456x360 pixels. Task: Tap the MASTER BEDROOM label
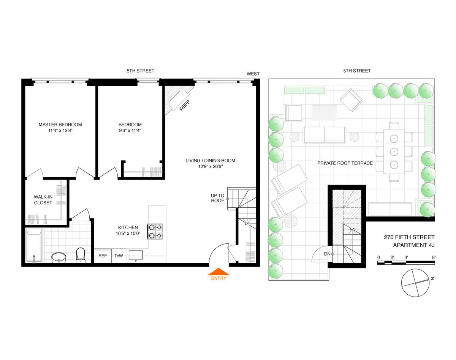pyautogui.click(x=60, y=125)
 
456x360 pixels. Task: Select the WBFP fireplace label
pyautogui.click(x=184, y=107)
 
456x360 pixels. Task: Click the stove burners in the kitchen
pyautogui.click(x=155, y=231)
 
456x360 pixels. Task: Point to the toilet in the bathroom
pyautogui.click(x=81, y=255)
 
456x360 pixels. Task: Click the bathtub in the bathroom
pyautogui.click(x=33, y=245)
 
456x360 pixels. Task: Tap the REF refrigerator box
pyautogui.click(x=103, y=256)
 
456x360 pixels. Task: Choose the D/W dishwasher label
pyautogui.click(x=119, y=256)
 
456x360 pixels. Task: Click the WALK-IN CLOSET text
pyautogui.click(x=43, y=200)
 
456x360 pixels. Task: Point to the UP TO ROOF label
pyautogui.click(x=218, y=198)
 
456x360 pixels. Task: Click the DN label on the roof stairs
pyautogui.click(x=327, y=254)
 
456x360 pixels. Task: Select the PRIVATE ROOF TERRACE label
pyautogui.click(x=345, y=163)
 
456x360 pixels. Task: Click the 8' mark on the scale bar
pyautogui.click(x=433, y=257)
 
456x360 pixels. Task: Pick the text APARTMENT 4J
pyautogui.click(x=413, y=245)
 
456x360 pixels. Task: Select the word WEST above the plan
pyautogui.click(x=253, y=74)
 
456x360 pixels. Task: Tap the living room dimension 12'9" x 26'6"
pyautogui.click(x=210, y=167)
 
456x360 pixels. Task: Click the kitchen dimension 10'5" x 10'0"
pyautogui.click(x=128, y=234)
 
